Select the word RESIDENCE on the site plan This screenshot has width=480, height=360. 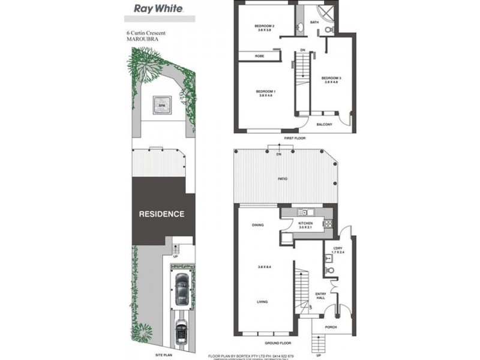pos(161,214)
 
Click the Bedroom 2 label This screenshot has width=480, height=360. pos(265,26)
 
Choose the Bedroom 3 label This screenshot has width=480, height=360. pos(331,79)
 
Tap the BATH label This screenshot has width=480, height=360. pos(314,23)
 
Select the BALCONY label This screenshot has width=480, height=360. pos(325,124)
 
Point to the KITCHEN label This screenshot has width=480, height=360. pos(307,224)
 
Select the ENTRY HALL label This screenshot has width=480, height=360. pos(321,295)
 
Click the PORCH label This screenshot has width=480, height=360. pos(331,328)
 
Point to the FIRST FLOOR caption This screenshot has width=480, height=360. pos(295,138)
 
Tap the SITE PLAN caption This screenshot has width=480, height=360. pos(164,355)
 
